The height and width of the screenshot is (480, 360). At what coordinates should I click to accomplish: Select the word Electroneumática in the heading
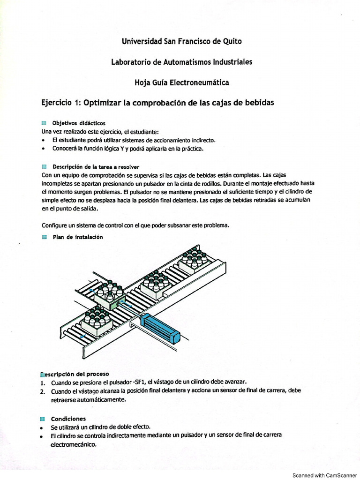click(x=199, y=82)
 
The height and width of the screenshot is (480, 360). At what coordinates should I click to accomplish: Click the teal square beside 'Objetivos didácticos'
click(x=44, y=123)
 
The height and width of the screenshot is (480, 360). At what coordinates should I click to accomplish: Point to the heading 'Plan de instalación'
click(x=77, y=237)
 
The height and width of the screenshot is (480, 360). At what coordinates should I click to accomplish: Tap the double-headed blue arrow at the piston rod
click(x=126, y=305)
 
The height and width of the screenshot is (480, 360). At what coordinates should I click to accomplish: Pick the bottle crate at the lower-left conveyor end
click(x=96, y=322)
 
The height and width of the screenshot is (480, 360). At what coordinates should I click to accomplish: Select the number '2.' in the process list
click(x=43, y=390)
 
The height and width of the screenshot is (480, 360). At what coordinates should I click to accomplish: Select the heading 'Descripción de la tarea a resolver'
click(x=96, y=166)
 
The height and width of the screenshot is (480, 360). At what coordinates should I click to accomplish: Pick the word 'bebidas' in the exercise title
click(x=257, y=102)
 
